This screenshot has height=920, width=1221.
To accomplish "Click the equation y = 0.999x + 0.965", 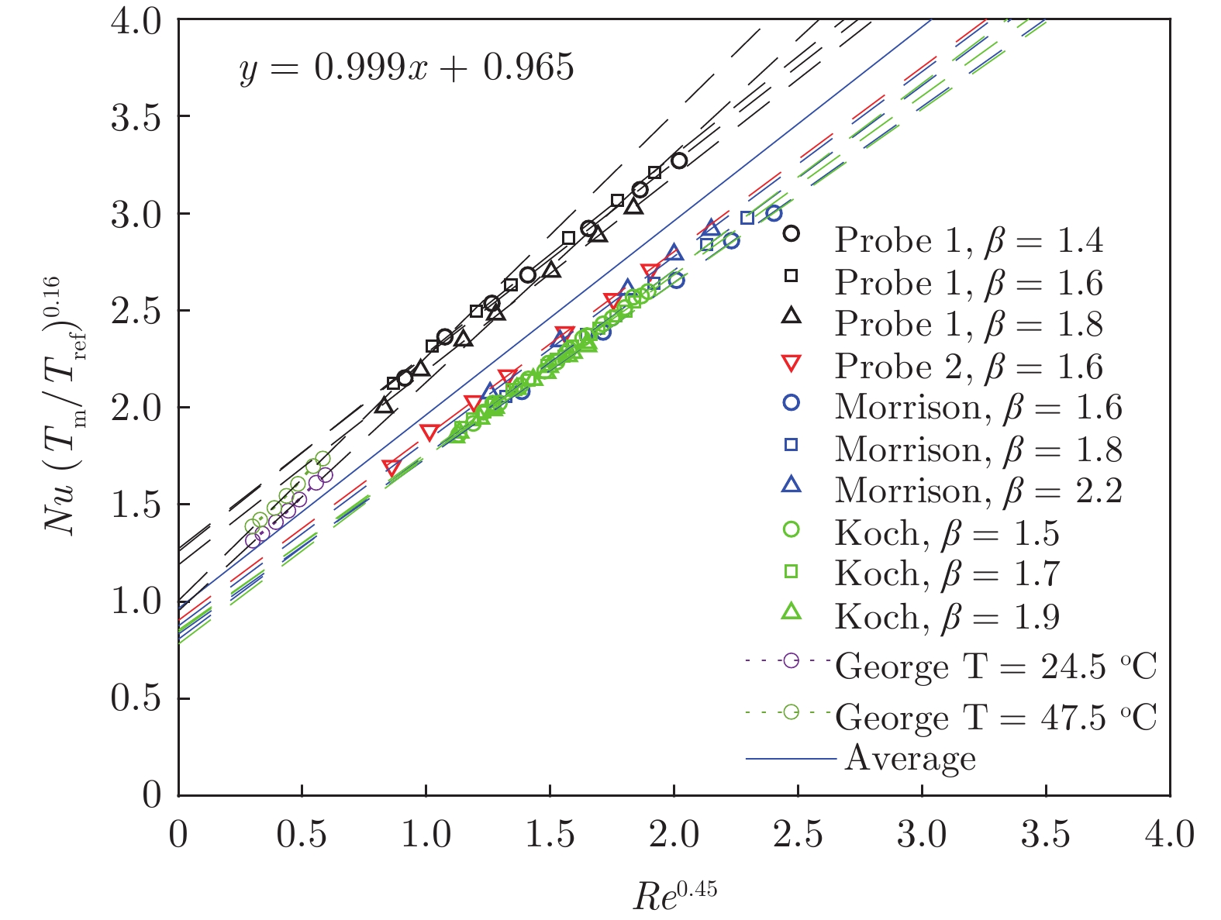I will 406,68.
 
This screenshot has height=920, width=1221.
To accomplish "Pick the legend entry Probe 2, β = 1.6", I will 968,366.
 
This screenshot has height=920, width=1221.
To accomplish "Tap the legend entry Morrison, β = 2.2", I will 978,491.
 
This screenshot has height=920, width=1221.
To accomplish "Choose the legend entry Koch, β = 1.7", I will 947,574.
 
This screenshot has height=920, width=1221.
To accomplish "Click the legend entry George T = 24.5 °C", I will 995,667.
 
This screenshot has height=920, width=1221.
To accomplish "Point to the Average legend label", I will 910,758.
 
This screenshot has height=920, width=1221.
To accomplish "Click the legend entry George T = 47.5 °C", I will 995,717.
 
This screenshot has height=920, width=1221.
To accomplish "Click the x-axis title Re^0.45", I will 674,896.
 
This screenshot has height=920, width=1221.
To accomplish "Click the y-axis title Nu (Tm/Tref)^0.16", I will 65,407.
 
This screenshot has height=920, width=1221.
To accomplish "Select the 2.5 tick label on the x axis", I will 797,835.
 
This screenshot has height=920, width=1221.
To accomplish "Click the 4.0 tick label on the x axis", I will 1169,835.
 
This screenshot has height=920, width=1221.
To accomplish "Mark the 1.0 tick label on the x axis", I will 426,835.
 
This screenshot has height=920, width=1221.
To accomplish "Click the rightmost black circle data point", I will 679,160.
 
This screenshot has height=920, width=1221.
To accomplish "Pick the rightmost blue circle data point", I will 774,213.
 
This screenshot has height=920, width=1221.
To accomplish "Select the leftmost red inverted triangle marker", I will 391,467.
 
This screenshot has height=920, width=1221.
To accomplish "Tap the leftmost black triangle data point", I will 383,405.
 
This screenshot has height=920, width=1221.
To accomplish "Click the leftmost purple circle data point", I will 252,540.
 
